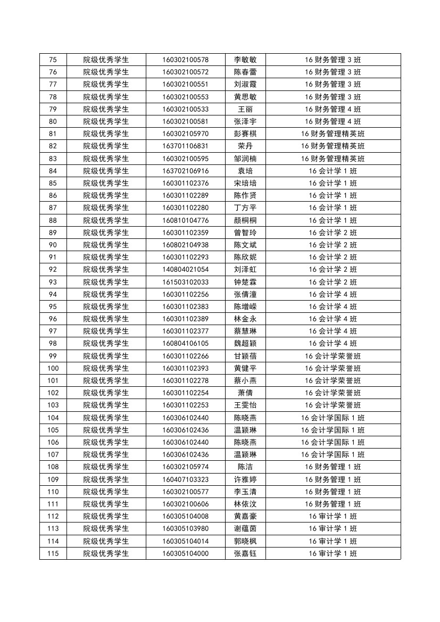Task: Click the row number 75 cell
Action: point(53,60)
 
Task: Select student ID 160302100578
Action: point(185,60)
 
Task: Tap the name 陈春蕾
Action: point(245,72)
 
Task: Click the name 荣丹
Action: point(245,146)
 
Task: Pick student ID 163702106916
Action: point(185,171)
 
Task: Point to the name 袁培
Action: point(245,171)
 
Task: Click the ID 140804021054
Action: point(185,269)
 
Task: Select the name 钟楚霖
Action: point(245,282)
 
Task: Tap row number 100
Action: point(53,368)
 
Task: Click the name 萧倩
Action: point(245,393)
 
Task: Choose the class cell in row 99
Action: point(333,356)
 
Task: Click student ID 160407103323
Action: point(185,479)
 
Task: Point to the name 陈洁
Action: point(245,467)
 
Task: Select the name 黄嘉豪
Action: point(245,516)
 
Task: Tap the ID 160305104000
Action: point(185,553)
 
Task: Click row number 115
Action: point(53,553)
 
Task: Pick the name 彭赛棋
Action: point(245,134)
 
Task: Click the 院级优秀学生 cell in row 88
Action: point(106,220)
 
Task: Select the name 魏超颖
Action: point(245,343)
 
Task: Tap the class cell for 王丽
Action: point(333,109)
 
